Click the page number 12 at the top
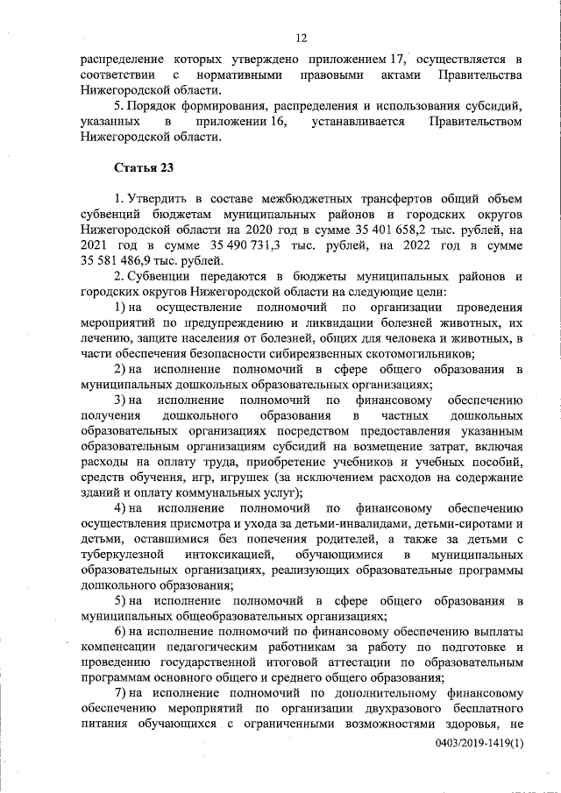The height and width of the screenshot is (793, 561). (x=300, y=38)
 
